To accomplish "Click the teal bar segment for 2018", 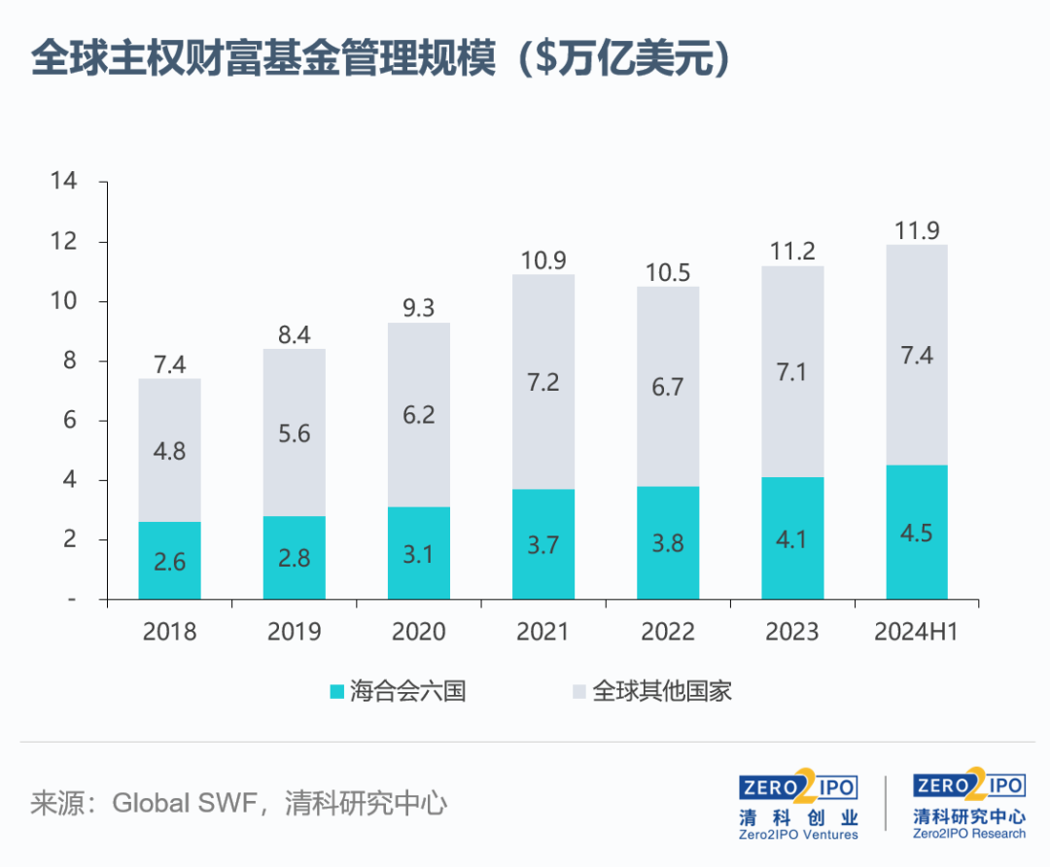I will pos(169,560).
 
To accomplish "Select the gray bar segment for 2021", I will pos(542,382).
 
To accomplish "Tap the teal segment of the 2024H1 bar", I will pos(916,532).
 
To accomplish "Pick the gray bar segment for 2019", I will pos(294,433).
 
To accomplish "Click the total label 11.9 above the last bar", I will pos(916,230).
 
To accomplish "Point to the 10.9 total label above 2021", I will pos(542,260).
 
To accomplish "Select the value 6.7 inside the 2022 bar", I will pos(667,386).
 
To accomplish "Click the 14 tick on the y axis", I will pos(64,182).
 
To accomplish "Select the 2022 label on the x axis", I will pos(667,632).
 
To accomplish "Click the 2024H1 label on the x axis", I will pos(916,632).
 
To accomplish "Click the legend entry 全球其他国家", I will pos(651,692).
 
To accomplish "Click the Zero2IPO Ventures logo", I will pos(798,806).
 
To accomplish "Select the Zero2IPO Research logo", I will pos(968,806).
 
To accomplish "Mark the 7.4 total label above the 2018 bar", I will pos(169,365).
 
